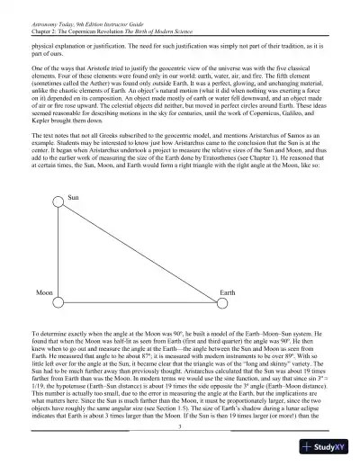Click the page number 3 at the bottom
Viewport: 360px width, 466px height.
pyautogui.click(x=180, y=439)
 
